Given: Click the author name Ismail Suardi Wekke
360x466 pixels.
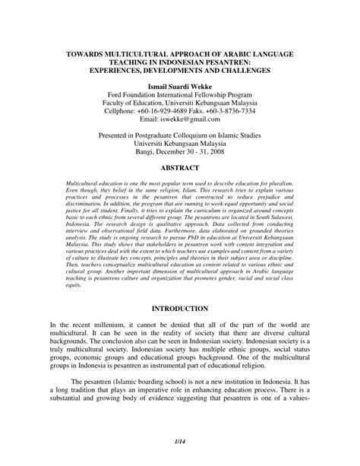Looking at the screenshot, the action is (180, 90).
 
